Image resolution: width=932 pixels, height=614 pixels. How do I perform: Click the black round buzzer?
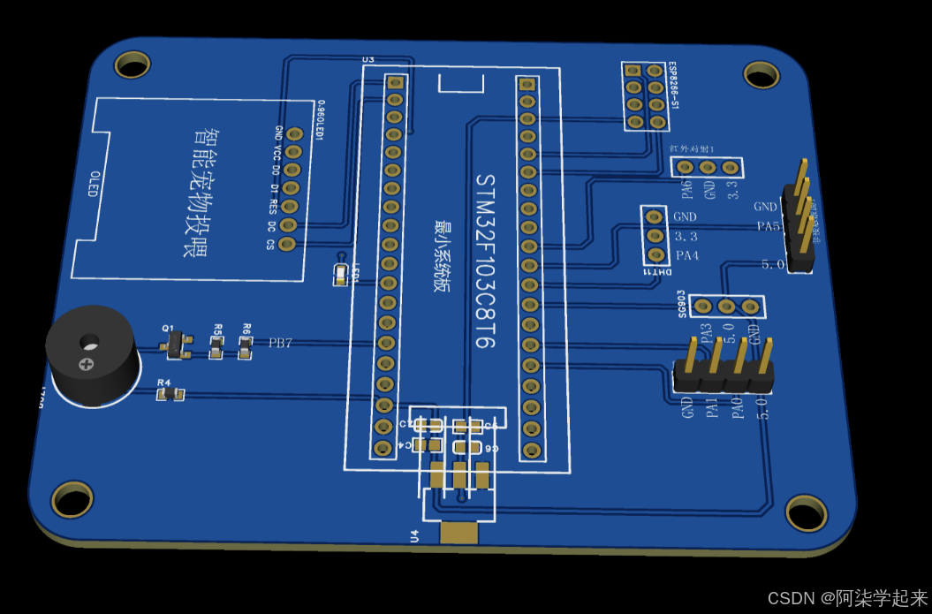(x=90, y=358)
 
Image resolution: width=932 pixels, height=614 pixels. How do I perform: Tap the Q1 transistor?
(x=177, y=345)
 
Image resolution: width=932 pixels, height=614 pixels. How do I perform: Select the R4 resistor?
(x=170, y=393)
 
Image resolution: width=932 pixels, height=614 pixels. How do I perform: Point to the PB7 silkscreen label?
(x=281, y=343)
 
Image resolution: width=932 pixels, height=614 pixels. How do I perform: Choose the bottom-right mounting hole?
(x=806, y=512)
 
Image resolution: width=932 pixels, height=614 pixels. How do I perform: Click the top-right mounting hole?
(x=761, y=74)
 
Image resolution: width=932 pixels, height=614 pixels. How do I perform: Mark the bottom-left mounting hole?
(x=72, y=499)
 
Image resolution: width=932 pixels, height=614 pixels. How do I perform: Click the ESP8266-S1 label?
(x=673, y=86)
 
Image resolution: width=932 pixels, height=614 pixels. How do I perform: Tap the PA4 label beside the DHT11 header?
(x=687, y=256)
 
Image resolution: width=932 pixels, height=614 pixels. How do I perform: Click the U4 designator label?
(x=414, y=534)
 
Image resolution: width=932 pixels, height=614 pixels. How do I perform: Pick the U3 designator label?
(x=368, y=59)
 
